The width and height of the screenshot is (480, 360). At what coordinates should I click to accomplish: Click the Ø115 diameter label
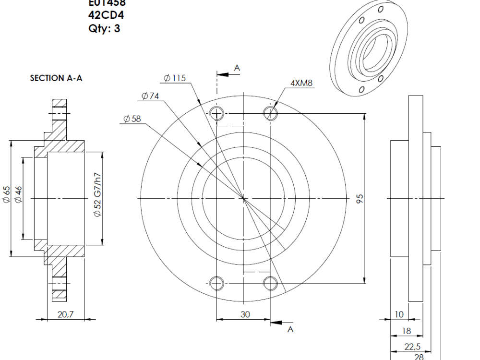click(x=174, y=78)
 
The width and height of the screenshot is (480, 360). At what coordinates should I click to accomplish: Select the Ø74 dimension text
click(x=150, y=96)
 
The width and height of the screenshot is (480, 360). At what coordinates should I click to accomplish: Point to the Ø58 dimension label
click(x=132, y=119)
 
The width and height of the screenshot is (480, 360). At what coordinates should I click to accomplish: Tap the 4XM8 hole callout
click(x=301, y=83)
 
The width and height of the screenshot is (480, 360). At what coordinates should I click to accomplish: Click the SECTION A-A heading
click(x=56, y=78)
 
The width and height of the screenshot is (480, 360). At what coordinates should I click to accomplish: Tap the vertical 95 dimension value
click(x=360, y=198)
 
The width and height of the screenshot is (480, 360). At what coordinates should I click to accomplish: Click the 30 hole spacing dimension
click(x=245, y=314)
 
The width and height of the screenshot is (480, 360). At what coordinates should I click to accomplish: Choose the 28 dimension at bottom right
click(x=419, y=356)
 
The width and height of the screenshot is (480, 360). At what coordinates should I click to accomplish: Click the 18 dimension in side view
click(x=406, y=331)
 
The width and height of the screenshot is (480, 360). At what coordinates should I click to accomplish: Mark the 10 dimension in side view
click(x=399, y=314)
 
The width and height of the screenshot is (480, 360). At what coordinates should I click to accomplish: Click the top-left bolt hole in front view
click(x=217, y=113)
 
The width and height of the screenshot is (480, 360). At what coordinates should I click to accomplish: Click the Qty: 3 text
click(x=104, y=28)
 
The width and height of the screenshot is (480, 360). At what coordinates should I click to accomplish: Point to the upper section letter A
click(x=237, y=69)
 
